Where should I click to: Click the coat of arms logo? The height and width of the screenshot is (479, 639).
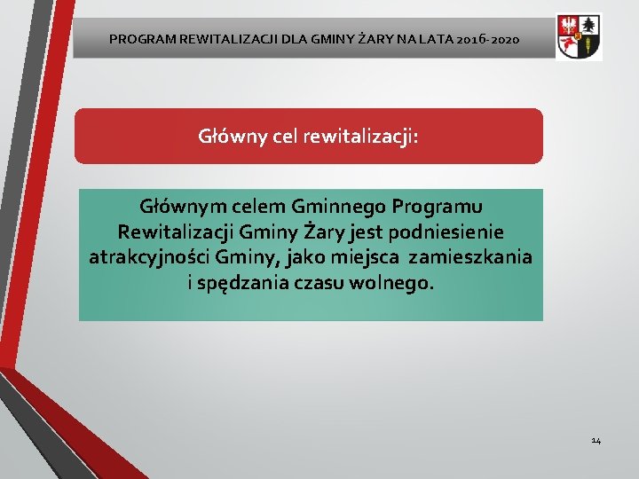(x=579, y=37)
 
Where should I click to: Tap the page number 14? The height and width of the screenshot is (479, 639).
(x=596, y=440)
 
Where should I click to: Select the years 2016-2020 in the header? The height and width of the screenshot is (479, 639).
(x=489, y=40)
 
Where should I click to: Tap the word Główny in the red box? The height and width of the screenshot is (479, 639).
(x=231, y=137)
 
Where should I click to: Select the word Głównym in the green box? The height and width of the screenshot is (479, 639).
(x=178, y=207)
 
